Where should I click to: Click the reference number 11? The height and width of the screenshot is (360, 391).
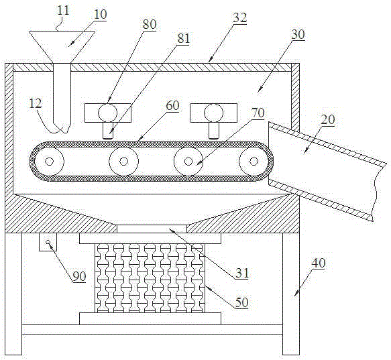[63, 11]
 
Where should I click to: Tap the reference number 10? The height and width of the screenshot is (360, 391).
[100, 14]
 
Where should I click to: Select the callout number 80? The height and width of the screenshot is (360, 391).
[150, 24]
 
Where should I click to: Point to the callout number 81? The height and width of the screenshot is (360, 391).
[183, 39]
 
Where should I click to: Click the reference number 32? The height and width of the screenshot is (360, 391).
[240, 17]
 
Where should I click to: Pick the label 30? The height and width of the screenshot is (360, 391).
[298, 35]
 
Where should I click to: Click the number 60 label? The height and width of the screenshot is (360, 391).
[172, 105]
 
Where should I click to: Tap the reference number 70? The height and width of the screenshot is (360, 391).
[258, 113]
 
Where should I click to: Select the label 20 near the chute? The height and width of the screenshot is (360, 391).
[328, 120]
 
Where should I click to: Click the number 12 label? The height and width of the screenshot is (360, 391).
[35, 103]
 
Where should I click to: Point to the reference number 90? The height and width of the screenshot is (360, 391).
[79, 276]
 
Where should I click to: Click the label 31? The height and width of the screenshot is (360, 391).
[242, 274]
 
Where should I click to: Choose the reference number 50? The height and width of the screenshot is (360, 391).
[242, 302]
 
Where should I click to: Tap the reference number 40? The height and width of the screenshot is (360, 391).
[319, 263]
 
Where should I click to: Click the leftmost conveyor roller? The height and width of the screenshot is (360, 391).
[49, 162]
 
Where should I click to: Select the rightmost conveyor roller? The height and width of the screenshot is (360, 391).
[254, 162]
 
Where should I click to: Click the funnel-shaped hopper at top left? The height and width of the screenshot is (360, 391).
[62, 47]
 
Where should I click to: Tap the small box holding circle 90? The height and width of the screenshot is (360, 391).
[48, 242]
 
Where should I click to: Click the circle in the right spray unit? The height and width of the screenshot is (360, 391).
[213, 113]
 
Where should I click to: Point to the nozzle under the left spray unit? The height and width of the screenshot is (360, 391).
[108, 131]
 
